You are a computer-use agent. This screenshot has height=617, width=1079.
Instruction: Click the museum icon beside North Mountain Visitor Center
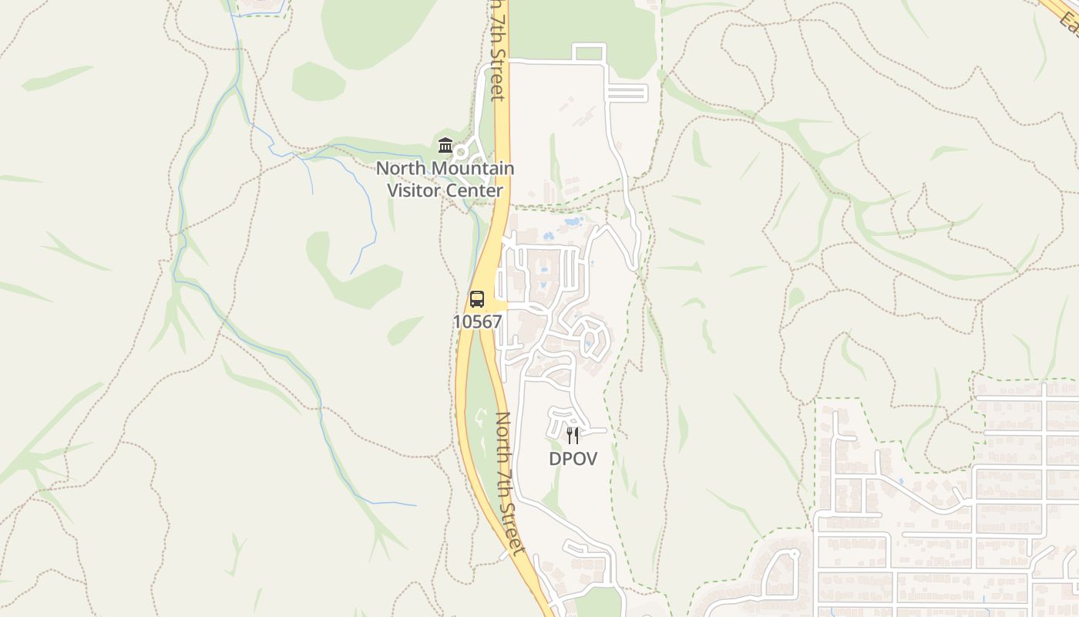tap(445, 145)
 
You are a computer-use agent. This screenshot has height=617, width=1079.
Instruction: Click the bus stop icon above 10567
tap(477, 299)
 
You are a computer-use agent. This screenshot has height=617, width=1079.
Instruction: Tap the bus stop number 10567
tap(477, 322)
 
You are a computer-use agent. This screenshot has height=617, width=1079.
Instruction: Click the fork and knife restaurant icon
tap(573, 436)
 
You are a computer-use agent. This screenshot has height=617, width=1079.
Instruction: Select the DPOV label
tap(573, 458)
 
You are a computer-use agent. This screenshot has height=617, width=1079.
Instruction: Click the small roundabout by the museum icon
tap(461, 151)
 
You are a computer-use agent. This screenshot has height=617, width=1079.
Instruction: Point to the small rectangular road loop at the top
tap(590, 53)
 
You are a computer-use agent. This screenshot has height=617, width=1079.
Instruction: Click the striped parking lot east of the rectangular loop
tap(627, 93)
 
